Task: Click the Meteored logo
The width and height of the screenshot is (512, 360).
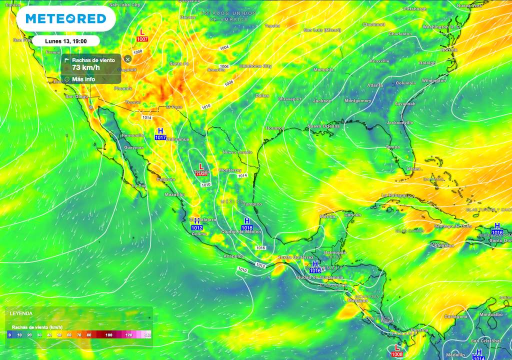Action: pos(65,19)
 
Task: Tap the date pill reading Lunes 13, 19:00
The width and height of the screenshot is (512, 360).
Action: pos(65,41)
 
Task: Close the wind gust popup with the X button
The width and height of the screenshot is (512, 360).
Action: pos(127,59)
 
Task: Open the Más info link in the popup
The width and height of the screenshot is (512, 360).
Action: pos(83,79)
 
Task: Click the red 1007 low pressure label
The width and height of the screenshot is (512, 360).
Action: pos(142,39)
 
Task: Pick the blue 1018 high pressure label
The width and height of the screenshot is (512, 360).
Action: pos(247,228)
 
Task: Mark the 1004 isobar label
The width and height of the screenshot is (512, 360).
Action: pos(224,47)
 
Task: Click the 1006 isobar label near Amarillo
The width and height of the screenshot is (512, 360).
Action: pos(224,66)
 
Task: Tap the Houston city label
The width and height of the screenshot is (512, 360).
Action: pos(274,128)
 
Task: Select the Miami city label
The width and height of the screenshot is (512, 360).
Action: pos(413,169)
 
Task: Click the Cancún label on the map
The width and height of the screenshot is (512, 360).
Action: pos(352,215)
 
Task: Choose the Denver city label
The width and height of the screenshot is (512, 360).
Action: pos(188,17)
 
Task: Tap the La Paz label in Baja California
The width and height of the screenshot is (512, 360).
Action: pos(139,185)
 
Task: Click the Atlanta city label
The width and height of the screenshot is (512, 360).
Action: pos(375,85)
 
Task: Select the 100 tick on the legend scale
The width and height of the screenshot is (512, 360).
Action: pos(108,334)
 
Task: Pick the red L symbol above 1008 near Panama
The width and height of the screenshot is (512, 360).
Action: pos(397,347)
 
